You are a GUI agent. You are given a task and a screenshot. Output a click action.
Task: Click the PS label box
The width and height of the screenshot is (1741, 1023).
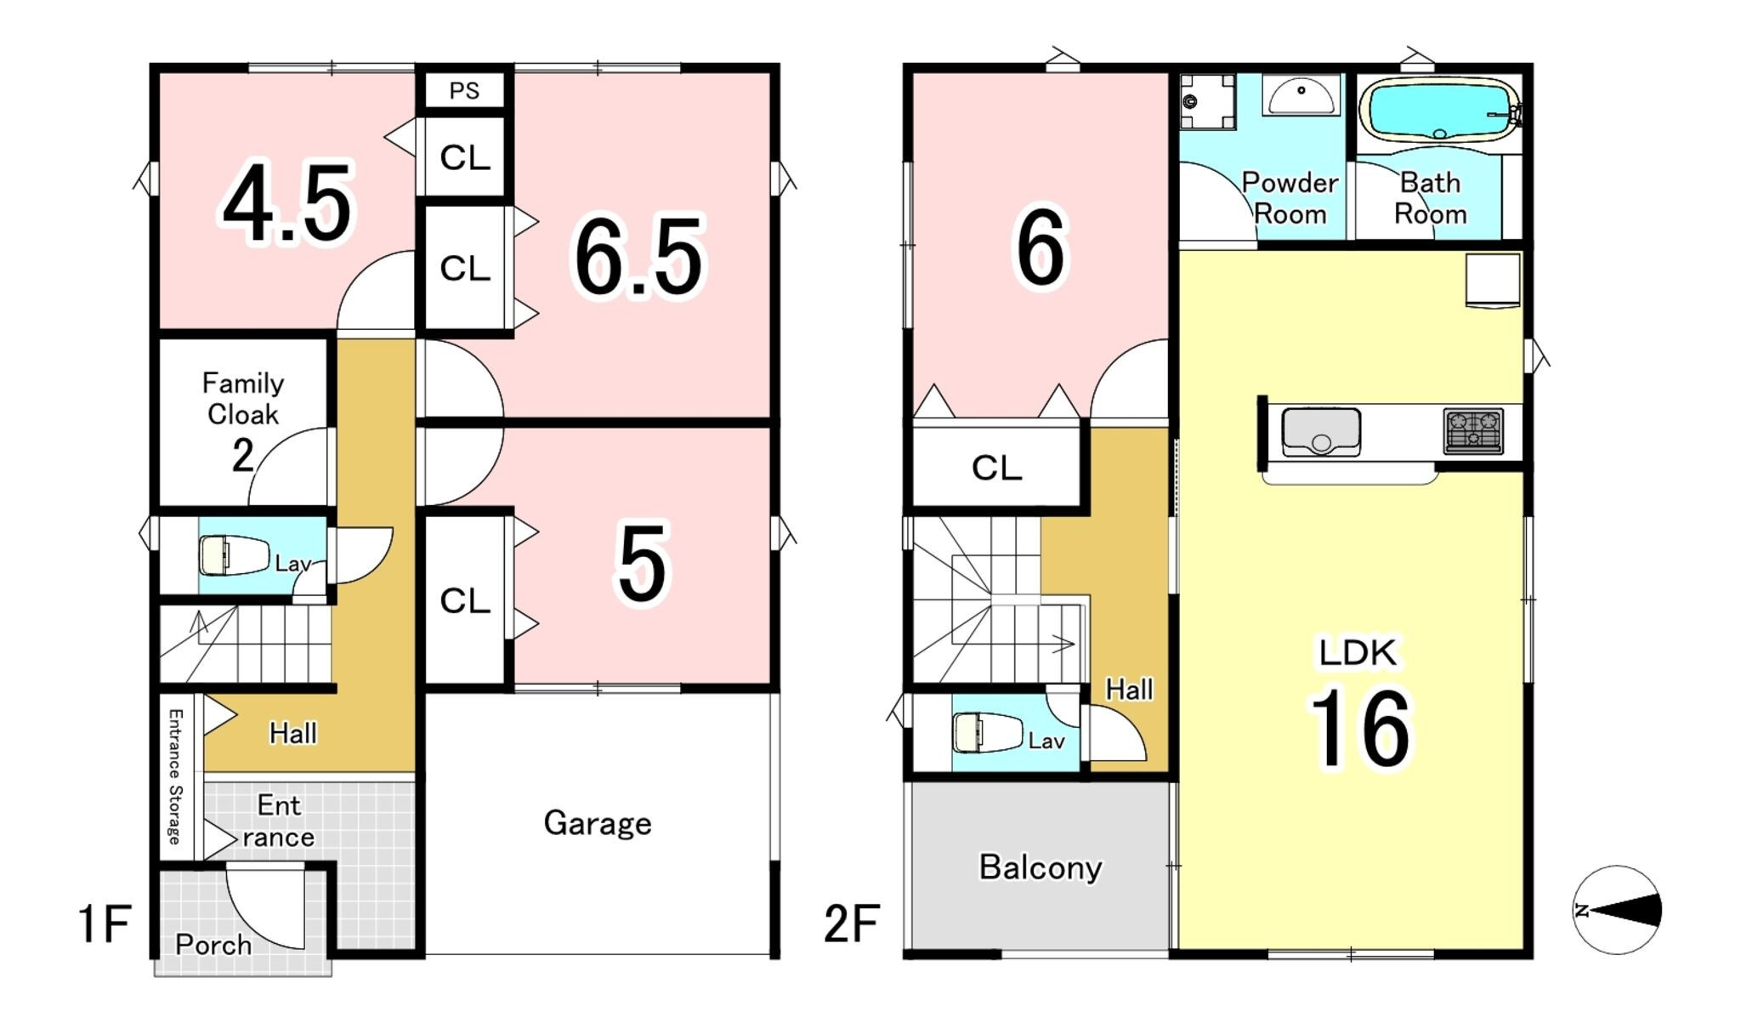464,90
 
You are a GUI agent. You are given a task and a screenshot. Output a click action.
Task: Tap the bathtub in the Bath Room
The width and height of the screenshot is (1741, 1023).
1440,109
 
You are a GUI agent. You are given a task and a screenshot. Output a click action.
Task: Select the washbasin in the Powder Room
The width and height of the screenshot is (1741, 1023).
1301,95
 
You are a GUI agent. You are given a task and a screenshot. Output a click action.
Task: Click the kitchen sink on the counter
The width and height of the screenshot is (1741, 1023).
1321,432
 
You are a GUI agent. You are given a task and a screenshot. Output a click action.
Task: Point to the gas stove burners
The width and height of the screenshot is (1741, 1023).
1473,431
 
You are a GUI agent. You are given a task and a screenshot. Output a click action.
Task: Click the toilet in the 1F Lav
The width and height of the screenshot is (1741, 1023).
234,555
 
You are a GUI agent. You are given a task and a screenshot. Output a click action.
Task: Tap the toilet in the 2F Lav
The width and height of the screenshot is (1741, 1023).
987,733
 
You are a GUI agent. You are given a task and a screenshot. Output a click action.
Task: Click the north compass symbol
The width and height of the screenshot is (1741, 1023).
1617,910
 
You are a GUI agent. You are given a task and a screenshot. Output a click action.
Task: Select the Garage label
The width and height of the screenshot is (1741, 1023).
598,823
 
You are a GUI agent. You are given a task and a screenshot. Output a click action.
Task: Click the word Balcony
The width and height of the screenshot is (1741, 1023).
1041,867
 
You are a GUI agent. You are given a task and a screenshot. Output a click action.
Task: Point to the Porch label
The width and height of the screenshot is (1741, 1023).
213,945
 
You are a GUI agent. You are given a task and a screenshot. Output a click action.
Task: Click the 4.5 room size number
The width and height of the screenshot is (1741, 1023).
286,203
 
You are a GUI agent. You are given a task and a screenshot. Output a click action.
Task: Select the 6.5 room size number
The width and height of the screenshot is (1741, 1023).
639,256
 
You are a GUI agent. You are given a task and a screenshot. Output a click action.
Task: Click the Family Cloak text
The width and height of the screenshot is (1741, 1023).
243,399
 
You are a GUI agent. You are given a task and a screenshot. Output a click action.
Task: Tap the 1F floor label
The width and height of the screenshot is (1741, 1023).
105,924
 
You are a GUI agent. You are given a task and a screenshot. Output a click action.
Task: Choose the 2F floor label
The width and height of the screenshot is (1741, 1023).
852,924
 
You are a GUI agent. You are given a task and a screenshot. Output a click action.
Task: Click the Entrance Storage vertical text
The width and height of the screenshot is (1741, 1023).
174,776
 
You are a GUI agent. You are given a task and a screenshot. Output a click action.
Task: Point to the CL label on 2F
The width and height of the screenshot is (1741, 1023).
996,468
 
